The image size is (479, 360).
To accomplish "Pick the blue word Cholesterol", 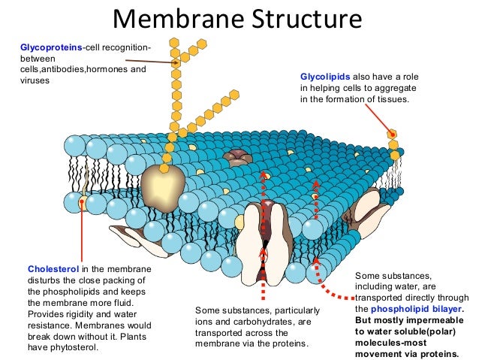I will coord(53,269).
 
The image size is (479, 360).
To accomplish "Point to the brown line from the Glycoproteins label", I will coord(150,62).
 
